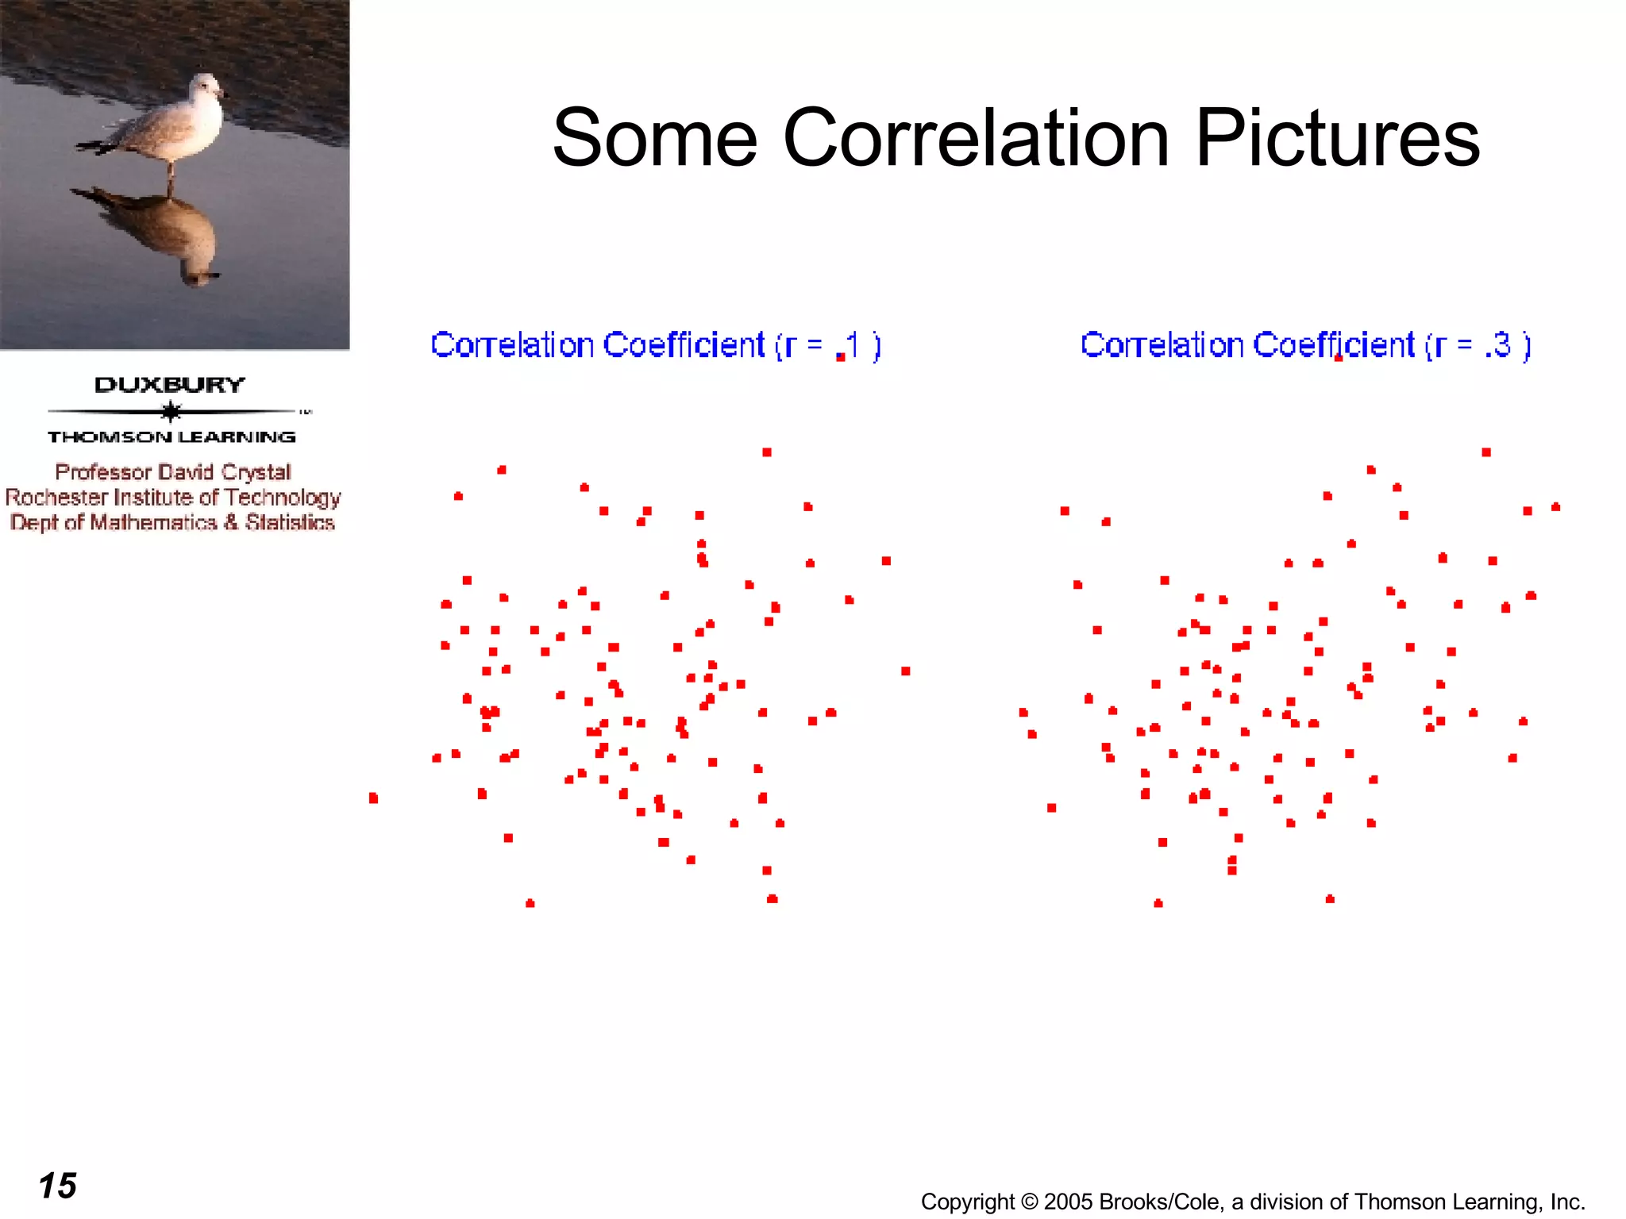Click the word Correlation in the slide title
[976, 139]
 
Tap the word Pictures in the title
[1337, 139]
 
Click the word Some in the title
[654, 139]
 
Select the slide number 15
[57, 1186]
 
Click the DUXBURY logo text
[170, 385]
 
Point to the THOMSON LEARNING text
[171, 436]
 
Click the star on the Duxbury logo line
[171, 411]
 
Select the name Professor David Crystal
[173, 472]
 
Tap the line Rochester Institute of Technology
[173, 498]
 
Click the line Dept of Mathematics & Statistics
[172, 522]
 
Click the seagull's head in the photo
[208, 86]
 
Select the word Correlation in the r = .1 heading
[512, 346]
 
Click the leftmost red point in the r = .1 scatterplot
[373, 798]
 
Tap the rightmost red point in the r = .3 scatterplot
[1555, 506]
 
